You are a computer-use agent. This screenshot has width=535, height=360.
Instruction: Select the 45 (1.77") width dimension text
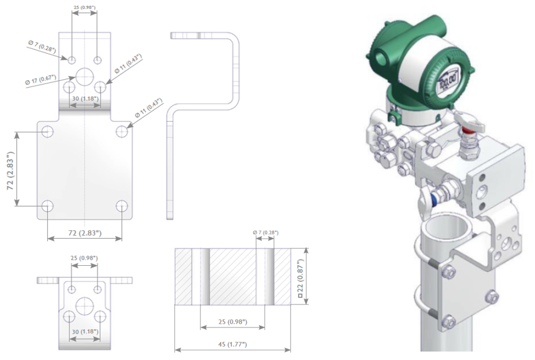point(232,344)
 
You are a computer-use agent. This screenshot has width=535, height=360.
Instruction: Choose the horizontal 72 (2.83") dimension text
point(85,233)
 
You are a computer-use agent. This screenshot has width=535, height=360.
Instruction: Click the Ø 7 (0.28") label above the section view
point(266,233)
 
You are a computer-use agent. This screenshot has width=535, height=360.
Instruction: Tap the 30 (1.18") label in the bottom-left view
point(85,332)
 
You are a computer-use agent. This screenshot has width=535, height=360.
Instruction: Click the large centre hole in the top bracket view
point(85,77)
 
